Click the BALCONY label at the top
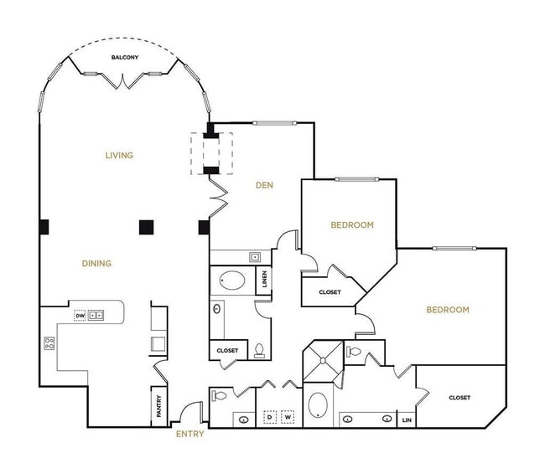(125, 58)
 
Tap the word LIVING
(119, 155)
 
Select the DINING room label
(96, 263)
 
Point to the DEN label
(265, 185)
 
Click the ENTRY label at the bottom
(189, 434)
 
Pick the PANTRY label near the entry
(158, 406)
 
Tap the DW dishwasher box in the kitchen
(80, 316)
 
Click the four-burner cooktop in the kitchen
(49, 342)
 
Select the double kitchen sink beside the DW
(96, 316)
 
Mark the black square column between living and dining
(147, 226)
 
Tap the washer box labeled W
(288, 415)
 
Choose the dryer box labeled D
(270, 415)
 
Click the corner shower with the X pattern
(323, 362)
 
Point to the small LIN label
(407, 420)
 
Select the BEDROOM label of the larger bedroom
(448, 310)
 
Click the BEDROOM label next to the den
(352, 224)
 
